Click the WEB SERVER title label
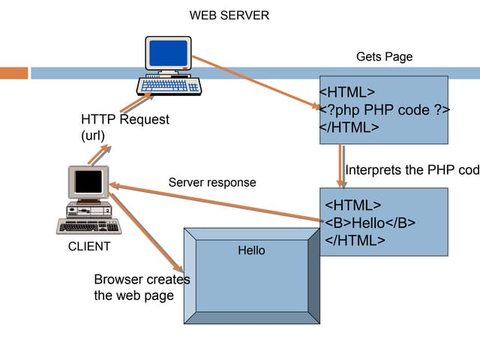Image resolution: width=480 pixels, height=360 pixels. click(229, 15)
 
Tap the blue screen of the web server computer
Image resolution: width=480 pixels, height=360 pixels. click(168, 53)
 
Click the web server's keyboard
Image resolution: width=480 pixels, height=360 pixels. click(173, 85)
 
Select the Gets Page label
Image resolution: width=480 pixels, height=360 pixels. click(384, 57)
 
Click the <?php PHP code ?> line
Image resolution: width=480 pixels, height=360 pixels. click(385, 110)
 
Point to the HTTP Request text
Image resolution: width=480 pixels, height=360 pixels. click(125, 119)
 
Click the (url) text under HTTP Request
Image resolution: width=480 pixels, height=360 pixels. click(93, 135)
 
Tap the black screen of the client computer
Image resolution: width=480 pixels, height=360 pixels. click(88, 181)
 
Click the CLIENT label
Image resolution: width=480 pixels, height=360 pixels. click(89, 247)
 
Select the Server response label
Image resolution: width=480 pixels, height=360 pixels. click(212, 182)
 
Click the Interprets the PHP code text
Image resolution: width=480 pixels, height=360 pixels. click(411, 170)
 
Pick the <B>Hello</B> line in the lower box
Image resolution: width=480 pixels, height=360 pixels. click(370, 223)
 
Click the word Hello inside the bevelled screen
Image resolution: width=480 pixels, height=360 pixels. click(251, 250)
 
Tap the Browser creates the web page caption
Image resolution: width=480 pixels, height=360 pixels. click(142, 287)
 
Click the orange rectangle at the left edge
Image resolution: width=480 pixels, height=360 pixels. click(13, 73)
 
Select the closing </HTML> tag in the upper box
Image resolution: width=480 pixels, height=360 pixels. click(349, 127)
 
